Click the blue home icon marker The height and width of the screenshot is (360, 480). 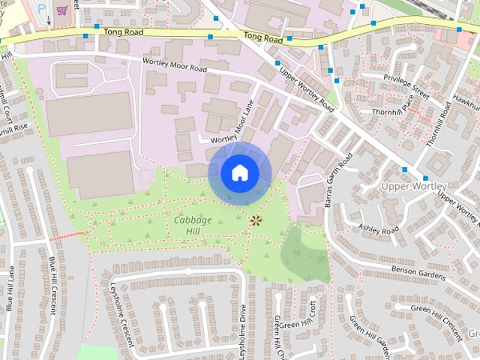click(239, 172)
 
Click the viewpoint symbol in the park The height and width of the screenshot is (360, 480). click(256, 220)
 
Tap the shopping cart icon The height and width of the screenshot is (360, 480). click(61, 10)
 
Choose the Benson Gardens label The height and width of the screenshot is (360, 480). click(418, 272)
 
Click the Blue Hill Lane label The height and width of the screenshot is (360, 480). click(10, 289)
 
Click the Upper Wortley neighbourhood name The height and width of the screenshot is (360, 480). click(413, 185)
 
